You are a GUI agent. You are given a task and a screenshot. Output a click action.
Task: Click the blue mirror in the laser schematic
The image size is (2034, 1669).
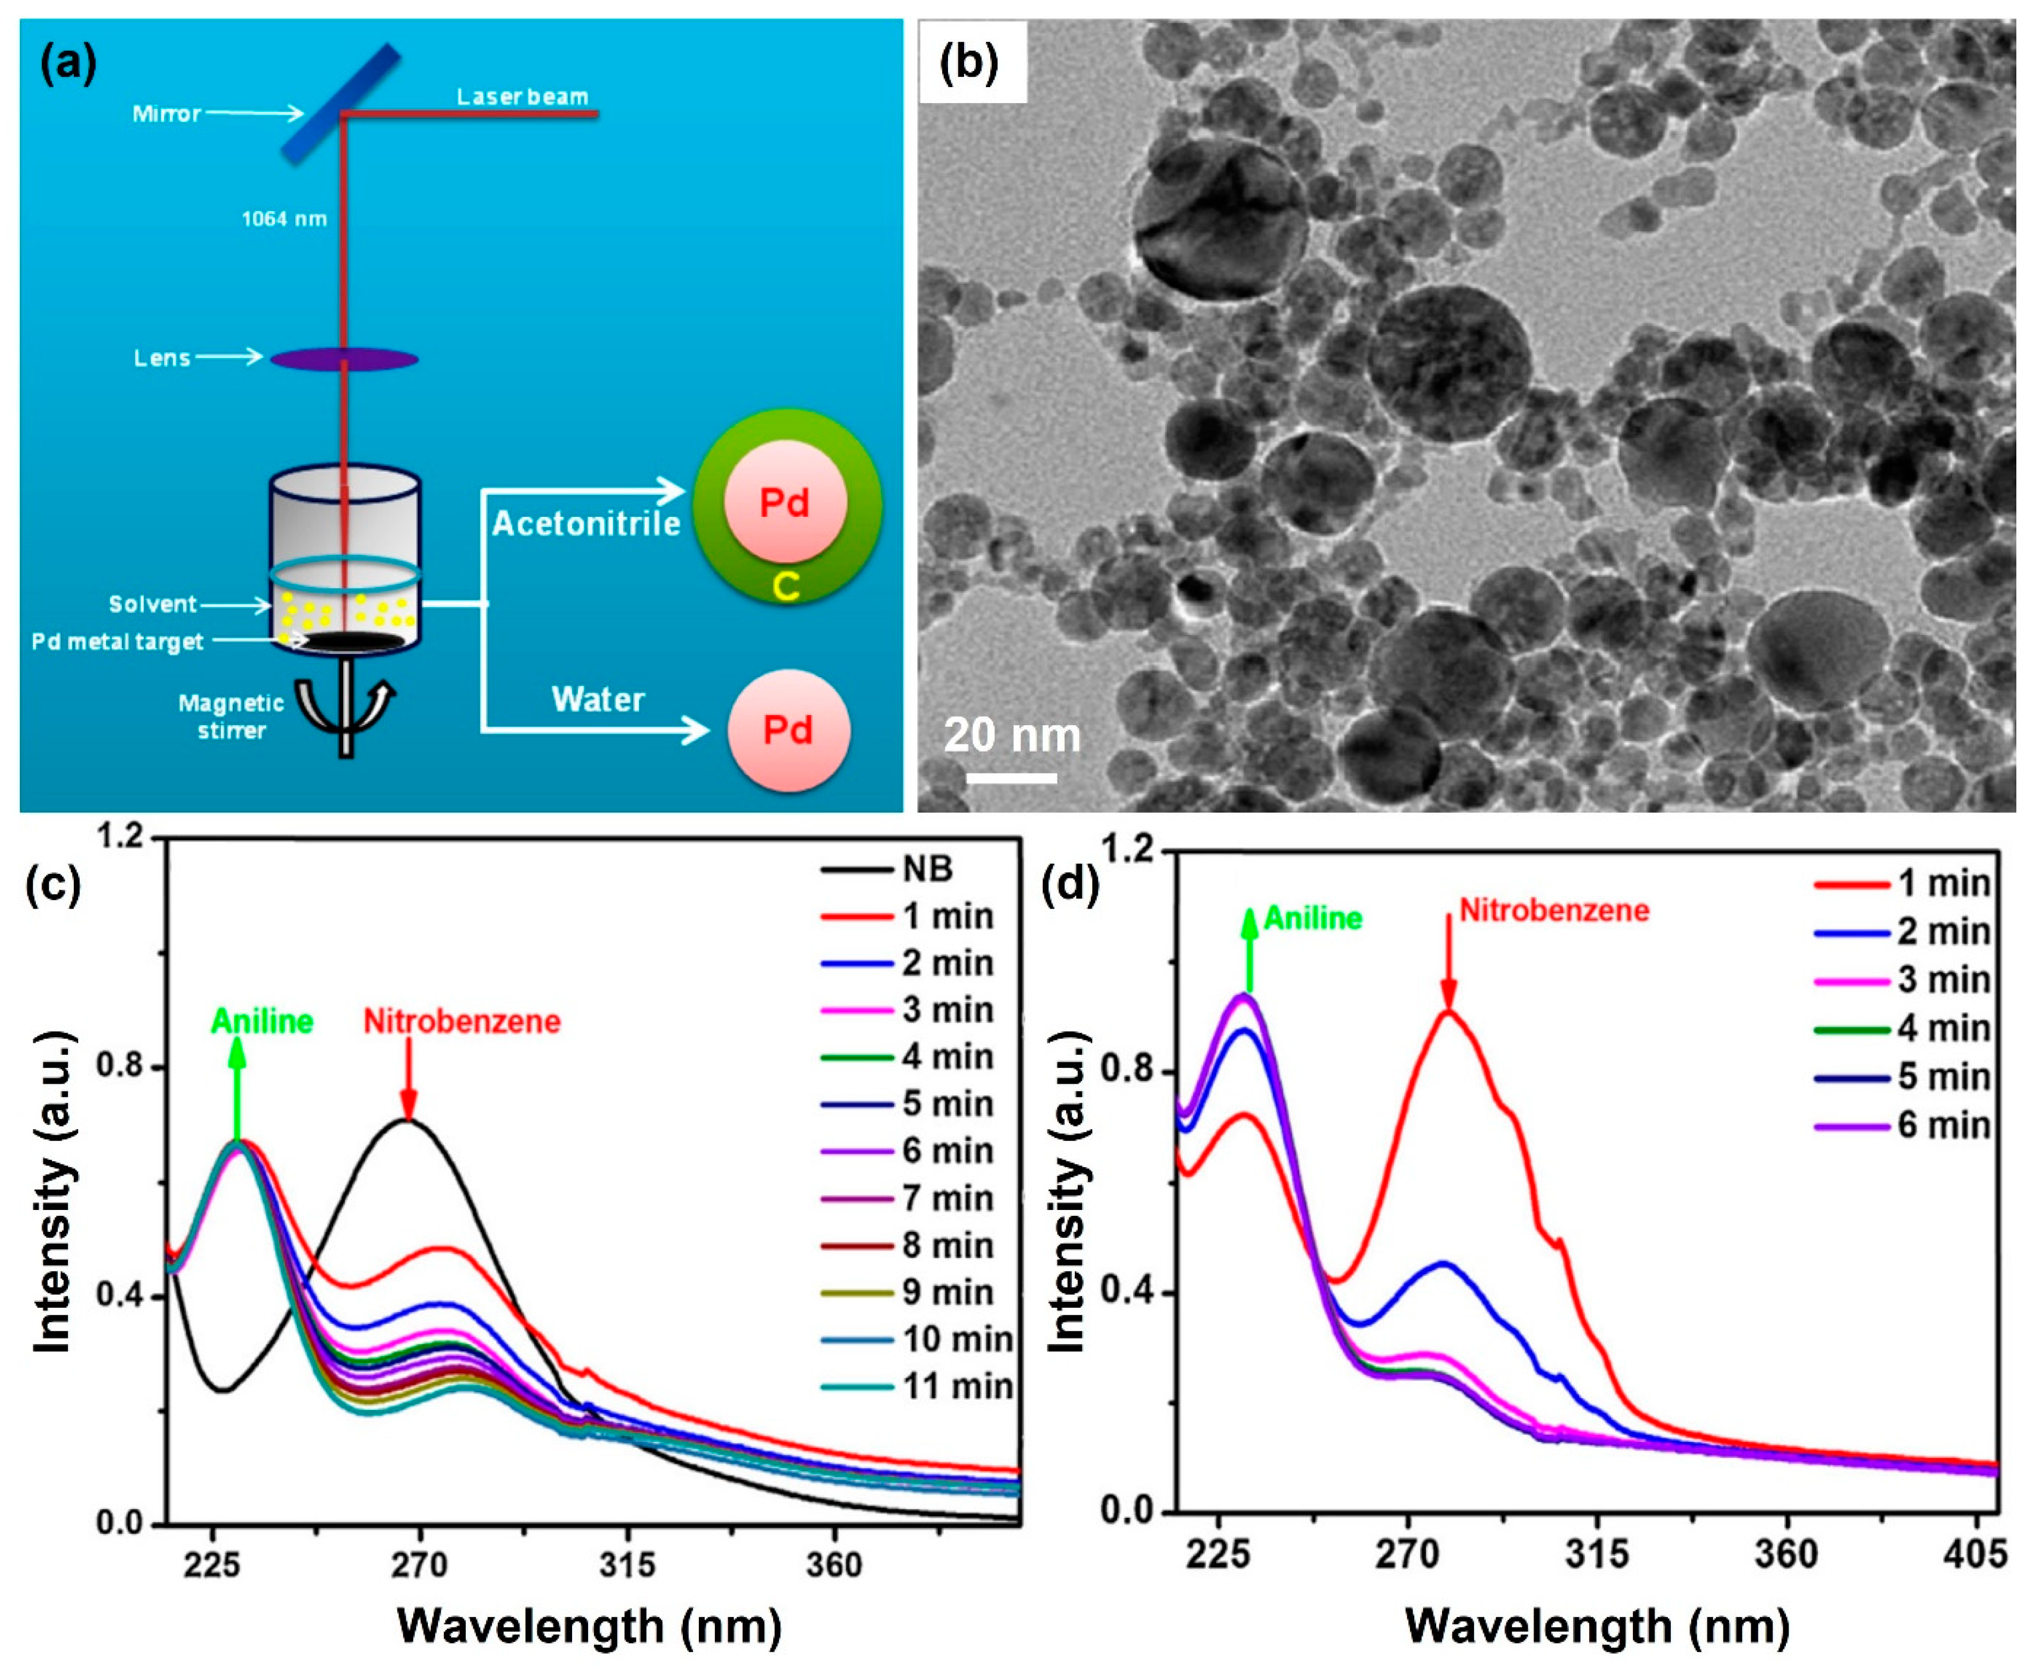[x=341, y=103]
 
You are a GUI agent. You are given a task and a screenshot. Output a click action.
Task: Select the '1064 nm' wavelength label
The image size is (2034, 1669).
[x=284, y=219]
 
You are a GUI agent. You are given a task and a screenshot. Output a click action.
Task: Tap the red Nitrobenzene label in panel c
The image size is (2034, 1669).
[x=461, y=1021]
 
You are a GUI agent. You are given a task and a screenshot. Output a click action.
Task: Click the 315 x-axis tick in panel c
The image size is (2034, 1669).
[x=627, y=1565]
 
